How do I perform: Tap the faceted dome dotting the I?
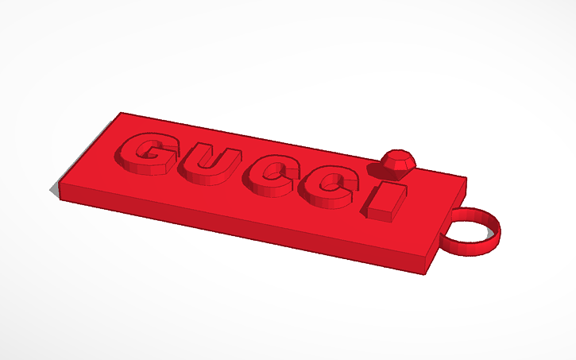[396, 162]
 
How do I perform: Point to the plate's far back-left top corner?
[120, 114]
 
